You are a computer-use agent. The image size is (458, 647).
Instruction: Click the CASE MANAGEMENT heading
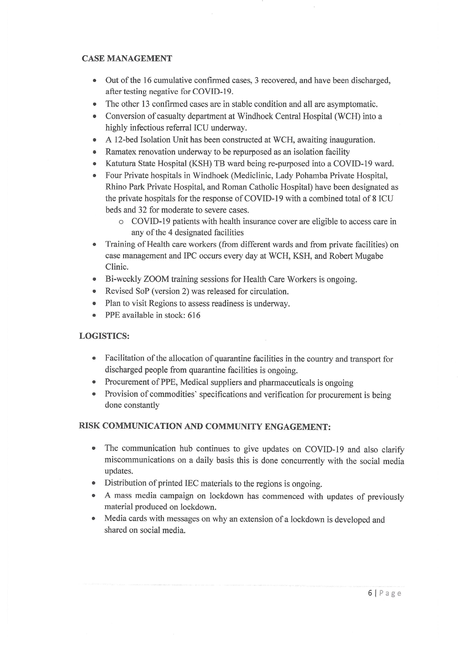point(127,59)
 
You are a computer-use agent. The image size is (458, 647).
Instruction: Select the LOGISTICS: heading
point(104,336)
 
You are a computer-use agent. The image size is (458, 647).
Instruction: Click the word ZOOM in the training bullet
point(156,279)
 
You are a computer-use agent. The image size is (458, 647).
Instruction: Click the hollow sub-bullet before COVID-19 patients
point(121,222)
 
